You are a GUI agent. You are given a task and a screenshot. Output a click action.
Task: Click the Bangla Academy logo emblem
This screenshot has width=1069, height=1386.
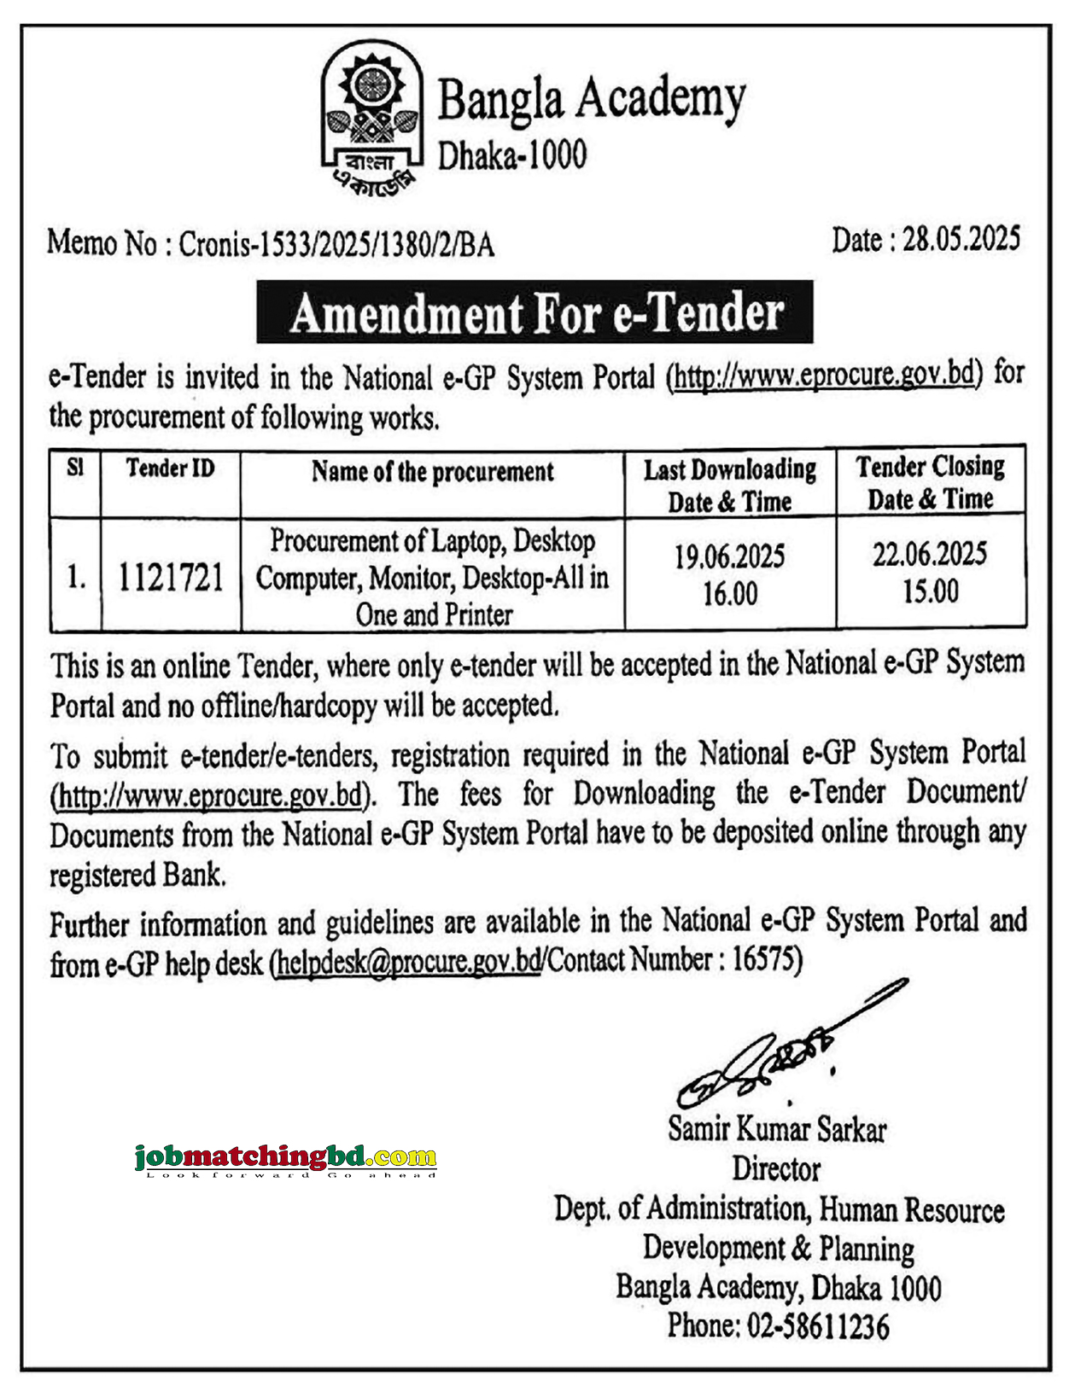(x=371, y=119)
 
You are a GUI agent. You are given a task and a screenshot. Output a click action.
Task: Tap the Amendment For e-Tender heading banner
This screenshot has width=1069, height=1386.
(x=534, y=312)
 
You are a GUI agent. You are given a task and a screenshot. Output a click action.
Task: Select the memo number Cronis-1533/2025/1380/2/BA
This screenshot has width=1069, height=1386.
(x=336, y=246)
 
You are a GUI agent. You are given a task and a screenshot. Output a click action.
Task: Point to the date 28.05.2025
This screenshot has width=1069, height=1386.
(x=961, y=240)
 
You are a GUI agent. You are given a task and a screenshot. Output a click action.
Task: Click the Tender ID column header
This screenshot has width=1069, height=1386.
(x=170, y=469)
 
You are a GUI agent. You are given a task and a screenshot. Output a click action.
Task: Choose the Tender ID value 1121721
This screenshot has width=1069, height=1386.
(x=171, y=578)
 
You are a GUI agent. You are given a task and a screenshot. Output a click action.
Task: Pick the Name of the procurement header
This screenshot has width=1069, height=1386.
(x=432, y=472)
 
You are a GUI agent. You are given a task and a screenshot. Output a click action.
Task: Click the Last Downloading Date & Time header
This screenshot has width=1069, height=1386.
(x=730, y=485)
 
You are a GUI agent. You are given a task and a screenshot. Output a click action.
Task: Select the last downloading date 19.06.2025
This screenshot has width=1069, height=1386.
(x=730, y=557)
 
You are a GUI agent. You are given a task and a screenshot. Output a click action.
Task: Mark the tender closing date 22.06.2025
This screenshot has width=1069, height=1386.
(x=930, y=555)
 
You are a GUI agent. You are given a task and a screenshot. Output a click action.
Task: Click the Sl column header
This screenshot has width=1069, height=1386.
(x=75, y=468)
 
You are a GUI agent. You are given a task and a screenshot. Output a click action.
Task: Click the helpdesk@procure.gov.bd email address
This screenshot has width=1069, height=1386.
(x=408, y=963)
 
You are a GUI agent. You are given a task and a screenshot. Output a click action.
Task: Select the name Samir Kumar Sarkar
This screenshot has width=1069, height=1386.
(x=777, y=1129)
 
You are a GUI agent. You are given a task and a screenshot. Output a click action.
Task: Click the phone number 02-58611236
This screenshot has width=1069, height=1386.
(x=818, y=1325)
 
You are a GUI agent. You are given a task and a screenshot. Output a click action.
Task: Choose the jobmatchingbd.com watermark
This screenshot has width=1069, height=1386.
(x=285, y=1158)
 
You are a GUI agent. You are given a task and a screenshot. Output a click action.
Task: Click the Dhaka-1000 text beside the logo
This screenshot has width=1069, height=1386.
(x=512, y=155)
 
